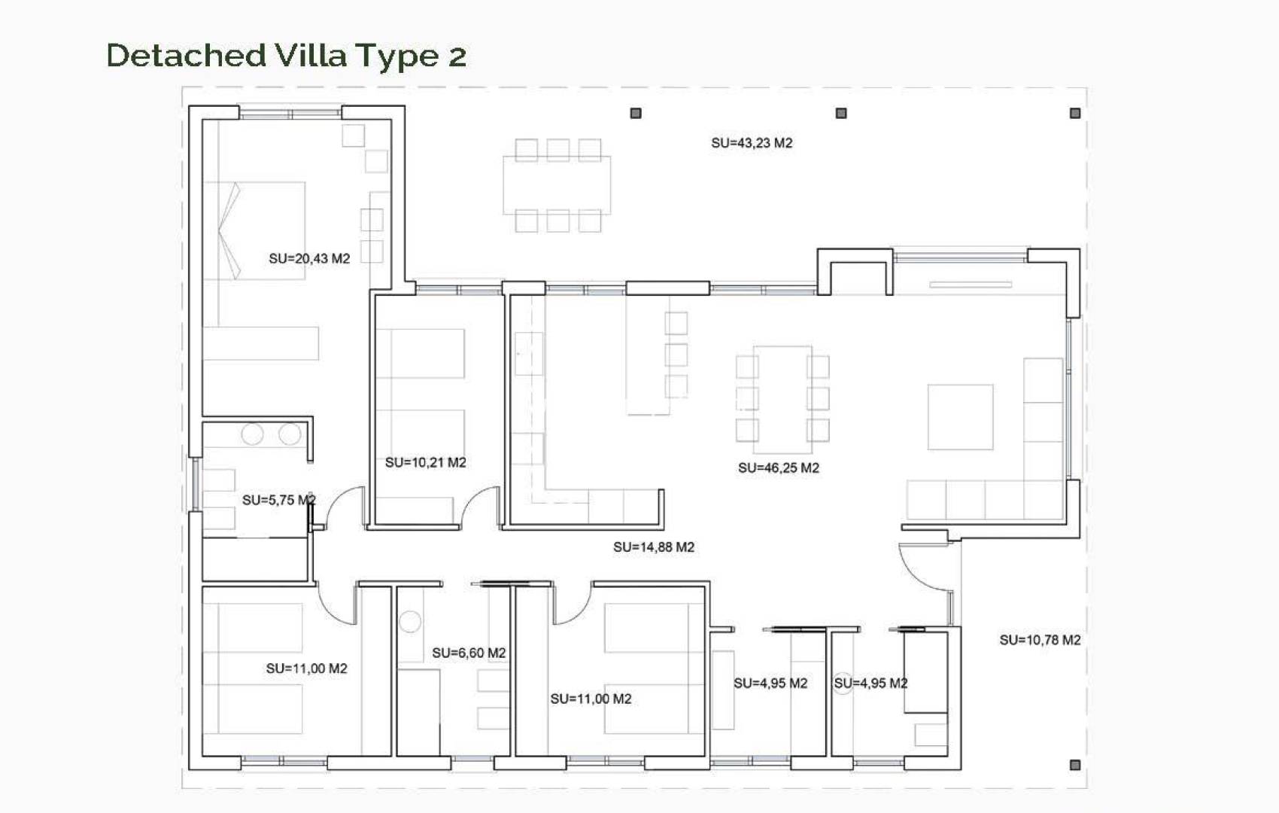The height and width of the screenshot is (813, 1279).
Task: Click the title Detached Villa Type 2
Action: tap(286, 56)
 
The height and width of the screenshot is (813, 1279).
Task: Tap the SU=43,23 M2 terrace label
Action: tap(752, 143)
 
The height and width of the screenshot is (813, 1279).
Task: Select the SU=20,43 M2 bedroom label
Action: tap(309, 259)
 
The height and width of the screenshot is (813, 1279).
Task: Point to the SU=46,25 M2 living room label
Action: tap(778, 468)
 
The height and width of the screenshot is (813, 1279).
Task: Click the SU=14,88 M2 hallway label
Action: tap(653, 547)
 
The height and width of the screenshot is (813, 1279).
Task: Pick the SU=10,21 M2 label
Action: tap(425, 463)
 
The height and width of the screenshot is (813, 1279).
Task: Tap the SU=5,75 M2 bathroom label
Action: tap(278, 501)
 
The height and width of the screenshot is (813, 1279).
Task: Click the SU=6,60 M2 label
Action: tap(468, 653)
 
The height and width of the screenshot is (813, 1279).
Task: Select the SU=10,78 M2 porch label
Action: tap(1040, 640)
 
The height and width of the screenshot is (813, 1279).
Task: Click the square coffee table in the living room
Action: tap(960, 417)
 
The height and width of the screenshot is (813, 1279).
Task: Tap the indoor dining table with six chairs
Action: tap(782, 394)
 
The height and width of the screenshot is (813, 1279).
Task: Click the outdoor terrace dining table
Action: tap(557, 184)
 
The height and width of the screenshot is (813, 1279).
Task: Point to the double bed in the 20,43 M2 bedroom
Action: tap(256, 230)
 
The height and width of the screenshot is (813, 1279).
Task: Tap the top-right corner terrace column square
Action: tap(1075, 113)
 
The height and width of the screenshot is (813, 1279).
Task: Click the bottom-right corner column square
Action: tap(1075, 765)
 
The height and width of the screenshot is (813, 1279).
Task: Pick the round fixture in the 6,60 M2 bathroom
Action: tap(410, 622)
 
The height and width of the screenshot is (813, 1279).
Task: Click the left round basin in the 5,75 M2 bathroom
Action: tap(252, 434)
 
